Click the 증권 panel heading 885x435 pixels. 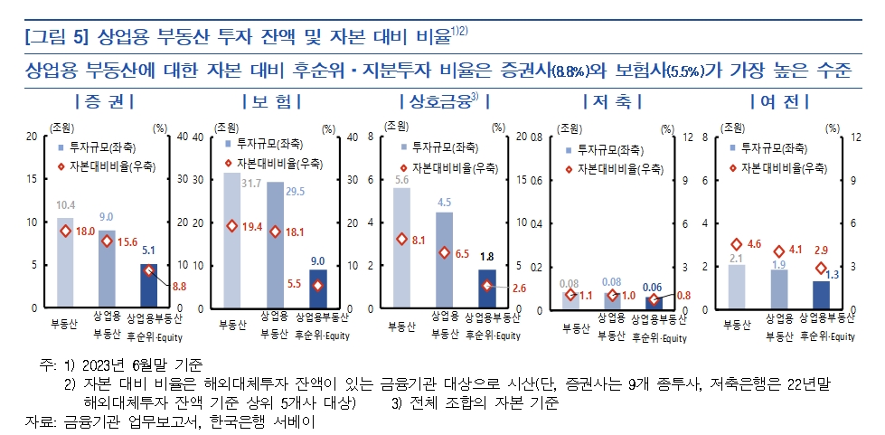tap(106, 100)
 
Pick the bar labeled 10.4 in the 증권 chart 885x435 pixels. tap(65, 262)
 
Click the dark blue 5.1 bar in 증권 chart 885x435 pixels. tap(149, 286)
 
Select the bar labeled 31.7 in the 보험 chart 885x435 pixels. tap(231, 240)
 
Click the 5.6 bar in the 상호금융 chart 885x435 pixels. tap(400, 249)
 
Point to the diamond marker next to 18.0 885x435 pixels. tap(65, 231)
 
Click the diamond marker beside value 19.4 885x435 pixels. tap(231, 225)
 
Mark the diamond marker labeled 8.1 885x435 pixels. tap(400, 240)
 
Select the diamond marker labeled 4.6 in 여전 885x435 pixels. tap(737, 245)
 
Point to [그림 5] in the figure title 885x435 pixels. tap(56, 37)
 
